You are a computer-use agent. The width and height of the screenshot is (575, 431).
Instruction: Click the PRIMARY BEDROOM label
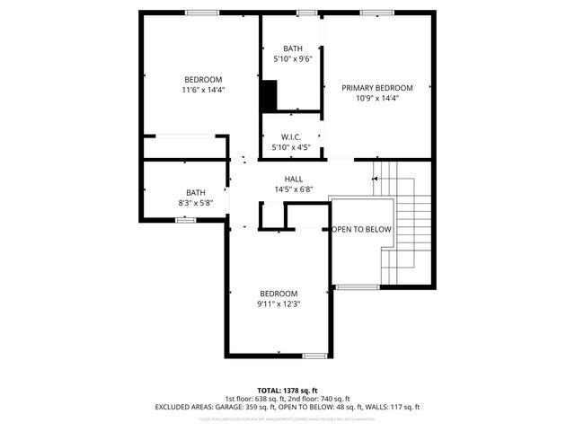(376, 88)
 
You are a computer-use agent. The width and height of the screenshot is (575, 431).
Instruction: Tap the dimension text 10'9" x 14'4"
(376, 99)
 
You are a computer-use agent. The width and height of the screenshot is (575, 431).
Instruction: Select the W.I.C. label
(291, 137)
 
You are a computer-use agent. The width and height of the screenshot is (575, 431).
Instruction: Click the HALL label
(294, 179)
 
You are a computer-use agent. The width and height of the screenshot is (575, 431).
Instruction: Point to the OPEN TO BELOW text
(362, 230)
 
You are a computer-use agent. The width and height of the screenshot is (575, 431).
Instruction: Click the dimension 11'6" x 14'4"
(202, 90)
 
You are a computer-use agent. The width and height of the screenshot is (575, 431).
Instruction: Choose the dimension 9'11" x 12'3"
(279, 304)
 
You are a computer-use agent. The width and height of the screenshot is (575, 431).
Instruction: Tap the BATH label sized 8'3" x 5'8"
(196, 192)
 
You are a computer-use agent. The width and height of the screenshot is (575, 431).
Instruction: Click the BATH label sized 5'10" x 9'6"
(293, 48)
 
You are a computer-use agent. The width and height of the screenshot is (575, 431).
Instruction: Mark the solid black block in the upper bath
(269, 94)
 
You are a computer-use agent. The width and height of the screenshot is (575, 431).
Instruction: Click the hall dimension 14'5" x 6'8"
(294, 189)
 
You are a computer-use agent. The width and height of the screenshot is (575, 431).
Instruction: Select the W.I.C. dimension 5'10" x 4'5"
(291, 148)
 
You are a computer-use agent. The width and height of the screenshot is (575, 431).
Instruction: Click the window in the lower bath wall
(185, 220)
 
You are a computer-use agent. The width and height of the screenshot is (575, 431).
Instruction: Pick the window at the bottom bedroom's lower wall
(314, 356)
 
